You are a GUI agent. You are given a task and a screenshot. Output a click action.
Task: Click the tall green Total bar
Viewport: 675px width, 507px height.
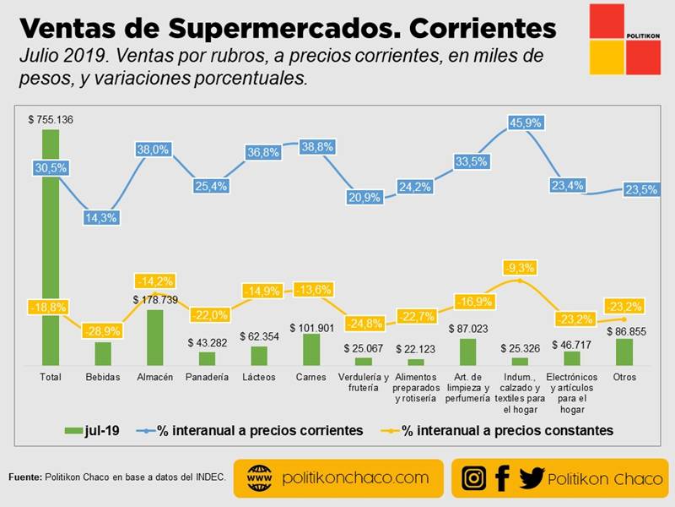(x=51, y=253)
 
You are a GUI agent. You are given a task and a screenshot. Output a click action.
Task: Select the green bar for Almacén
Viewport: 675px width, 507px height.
(x=154, y=336)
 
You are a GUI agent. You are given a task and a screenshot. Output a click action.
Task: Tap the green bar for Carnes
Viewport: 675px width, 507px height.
(x=311, y=348)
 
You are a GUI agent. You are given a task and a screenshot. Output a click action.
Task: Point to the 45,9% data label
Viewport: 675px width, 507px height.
(x=520, y=123)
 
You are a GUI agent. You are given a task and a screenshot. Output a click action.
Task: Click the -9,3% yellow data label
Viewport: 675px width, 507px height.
(x=521, y=268)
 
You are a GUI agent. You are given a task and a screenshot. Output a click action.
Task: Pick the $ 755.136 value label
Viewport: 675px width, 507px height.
(x=51, y=120)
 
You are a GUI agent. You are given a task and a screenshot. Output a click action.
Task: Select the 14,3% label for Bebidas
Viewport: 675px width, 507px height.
(x=102, y=217)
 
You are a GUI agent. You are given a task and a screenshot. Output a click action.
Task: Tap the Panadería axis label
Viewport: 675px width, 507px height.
(x=207, y=377)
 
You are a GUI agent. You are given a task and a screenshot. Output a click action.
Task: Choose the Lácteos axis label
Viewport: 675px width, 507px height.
(x=259, y=377)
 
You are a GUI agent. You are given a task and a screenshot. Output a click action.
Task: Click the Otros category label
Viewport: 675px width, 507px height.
(x=624, y=377)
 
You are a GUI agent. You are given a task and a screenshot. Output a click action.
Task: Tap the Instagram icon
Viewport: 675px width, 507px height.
(x=474, y=478)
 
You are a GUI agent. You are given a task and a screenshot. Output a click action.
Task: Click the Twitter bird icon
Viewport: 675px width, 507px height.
(x=532, y=478)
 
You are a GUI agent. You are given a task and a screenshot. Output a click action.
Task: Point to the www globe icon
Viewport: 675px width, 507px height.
(x=259, y=478)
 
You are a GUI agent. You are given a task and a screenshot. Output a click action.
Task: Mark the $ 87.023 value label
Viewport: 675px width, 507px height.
(x=468, y=328)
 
